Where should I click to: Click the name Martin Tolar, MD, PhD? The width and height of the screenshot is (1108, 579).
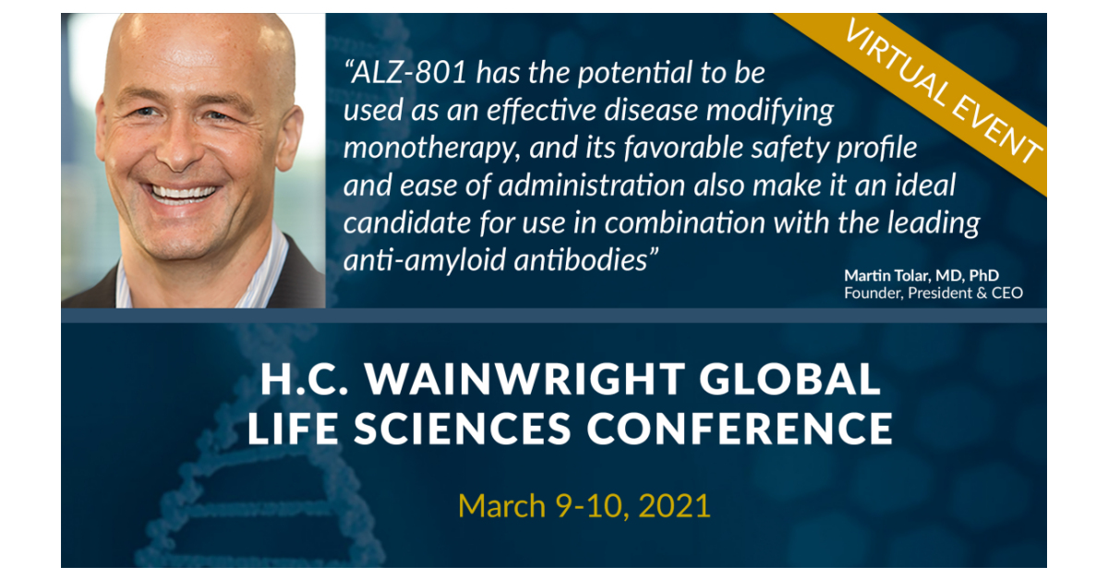(x=921, y=275)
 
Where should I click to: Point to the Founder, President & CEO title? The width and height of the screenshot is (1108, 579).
(x=933, y=294)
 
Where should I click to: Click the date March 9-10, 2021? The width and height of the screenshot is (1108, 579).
(x=584, y=505)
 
